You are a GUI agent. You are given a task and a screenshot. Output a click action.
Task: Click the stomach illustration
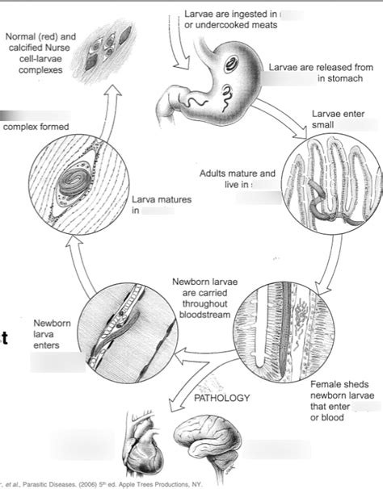coord(218,81)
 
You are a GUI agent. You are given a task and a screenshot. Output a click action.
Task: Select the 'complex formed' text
coord(36,127)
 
